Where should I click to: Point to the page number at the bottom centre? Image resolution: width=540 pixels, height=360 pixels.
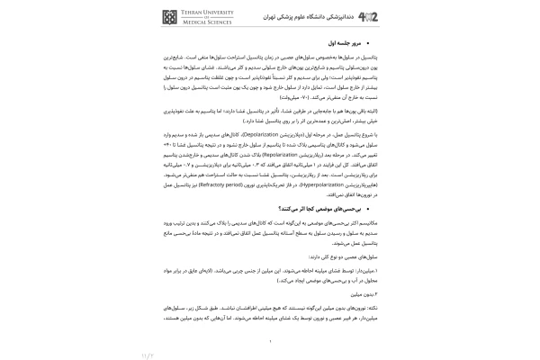[x=270, y=340]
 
